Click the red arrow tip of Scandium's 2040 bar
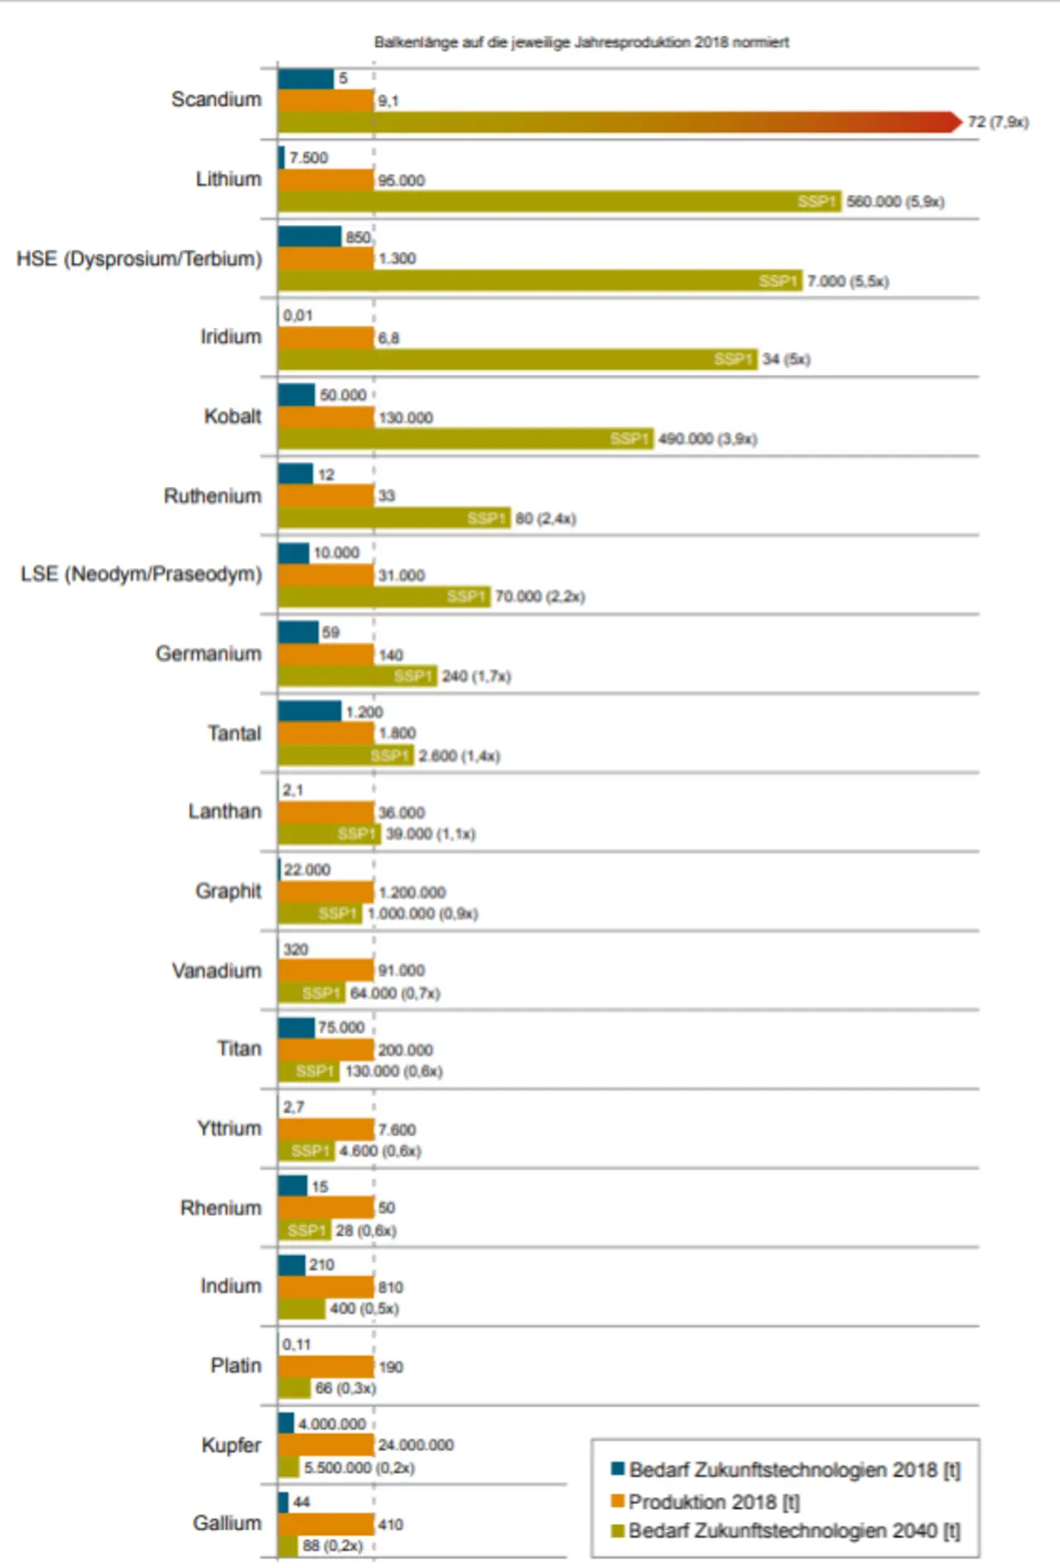(x=955, y=122)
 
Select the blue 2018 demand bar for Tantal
(x=309, y=711)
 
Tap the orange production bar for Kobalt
(x=325, y=417)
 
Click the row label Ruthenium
(x=213, y=496)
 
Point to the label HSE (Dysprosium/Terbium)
(x=139, y=259)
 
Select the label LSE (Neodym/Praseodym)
(x=142, y=574)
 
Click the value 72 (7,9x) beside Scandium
(x=998, y=122)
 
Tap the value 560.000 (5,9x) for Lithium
(x=894, y=201)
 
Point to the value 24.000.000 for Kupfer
(x=416, y=1445)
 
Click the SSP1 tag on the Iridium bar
(x=733, y=359)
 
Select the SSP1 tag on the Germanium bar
(x=413, y=676)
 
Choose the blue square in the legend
(x=617, y=1469)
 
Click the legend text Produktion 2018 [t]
(x=714, y=1501)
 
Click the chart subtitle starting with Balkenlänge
(x=581, y=42)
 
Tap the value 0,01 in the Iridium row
(x=298, y=315)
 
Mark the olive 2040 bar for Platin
(x=294, y=1388)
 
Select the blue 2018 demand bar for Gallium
(x=283, y=1502)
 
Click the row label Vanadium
(x=216, y=970)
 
